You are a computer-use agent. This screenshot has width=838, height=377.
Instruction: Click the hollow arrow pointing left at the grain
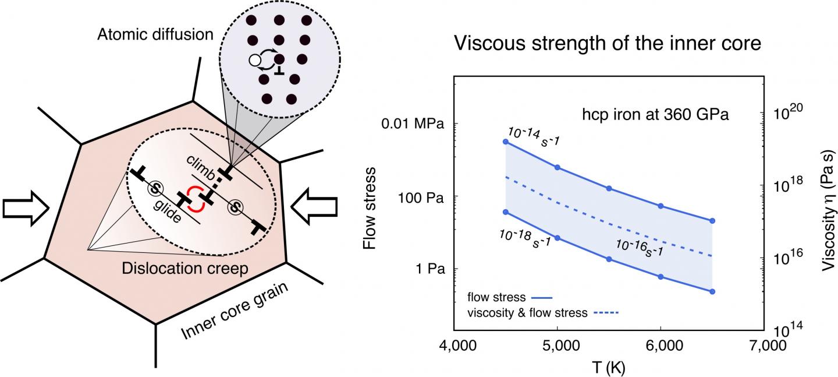pos(314,208)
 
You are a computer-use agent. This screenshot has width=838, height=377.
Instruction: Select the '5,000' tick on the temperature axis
pos(558,346)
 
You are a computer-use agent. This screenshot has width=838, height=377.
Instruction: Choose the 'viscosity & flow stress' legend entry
pos(527,313)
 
